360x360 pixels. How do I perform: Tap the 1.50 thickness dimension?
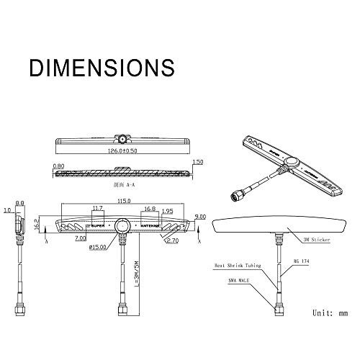point(198,163)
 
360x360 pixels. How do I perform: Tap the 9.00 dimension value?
point(200,216)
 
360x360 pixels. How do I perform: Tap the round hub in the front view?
point(124,226)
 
